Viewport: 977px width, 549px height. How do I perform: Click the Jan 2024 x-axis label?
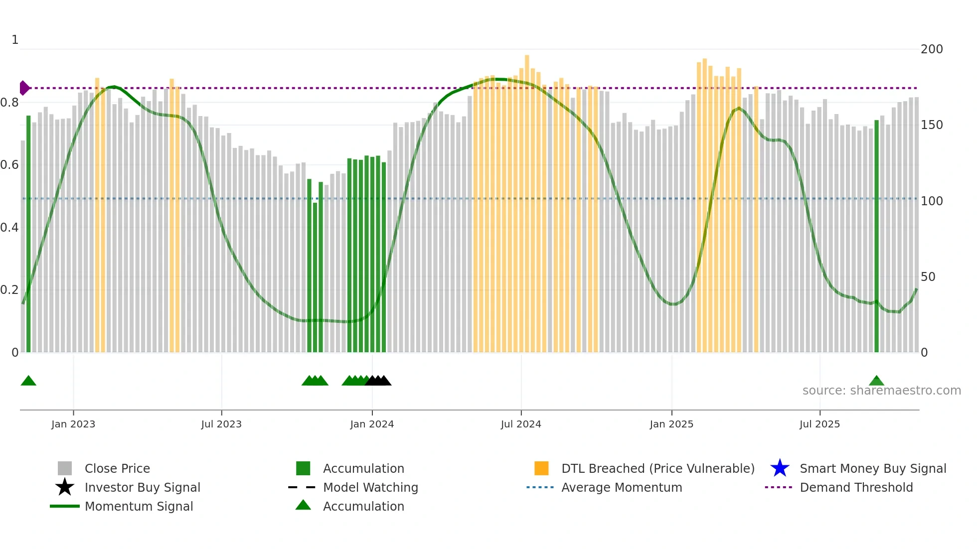[372, 424]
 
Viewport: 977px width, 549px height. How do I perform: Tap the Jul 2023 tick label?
[221, 424]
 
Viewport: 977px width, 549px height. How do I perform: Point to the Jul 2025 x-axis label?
[819, 424]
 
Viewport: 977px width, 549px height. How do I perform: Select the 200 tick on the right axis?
[931, 49]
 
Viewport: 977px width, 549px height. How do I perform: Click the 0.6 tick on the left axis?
[9, 165]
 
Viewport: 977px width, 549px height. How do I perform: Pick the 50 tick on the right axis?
[928, 277]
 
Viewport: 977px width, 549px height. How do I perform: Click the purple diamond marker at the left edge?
[24, 88]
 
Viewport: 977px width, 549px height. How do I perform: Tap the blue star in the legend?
[780, 468]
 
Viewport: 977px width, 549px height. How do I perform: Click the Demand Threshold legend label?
[856, 487]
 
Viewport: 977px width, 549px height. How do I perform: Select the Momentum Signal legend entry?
[139, 506]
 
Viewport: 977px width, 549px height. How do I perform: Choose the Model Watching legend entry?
[370, 487]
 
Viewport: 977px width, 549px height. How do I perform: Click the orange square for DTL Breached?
[541, 468]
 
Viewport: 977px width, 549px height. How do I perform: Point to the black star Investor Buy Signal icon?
[65, 487]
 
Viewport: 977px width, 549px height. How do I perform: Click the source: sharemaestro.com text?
[881, 391]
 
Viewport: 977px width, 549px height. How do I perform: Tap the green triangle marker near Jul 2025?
[876, 381]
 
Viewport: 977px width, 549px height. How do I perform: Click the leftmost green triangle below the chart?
[28, 381]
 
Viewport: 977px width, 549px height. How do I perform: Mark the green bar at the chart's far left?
[28, 234]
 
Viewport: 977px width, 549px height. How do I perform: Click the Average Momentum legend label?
[621, 487]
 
